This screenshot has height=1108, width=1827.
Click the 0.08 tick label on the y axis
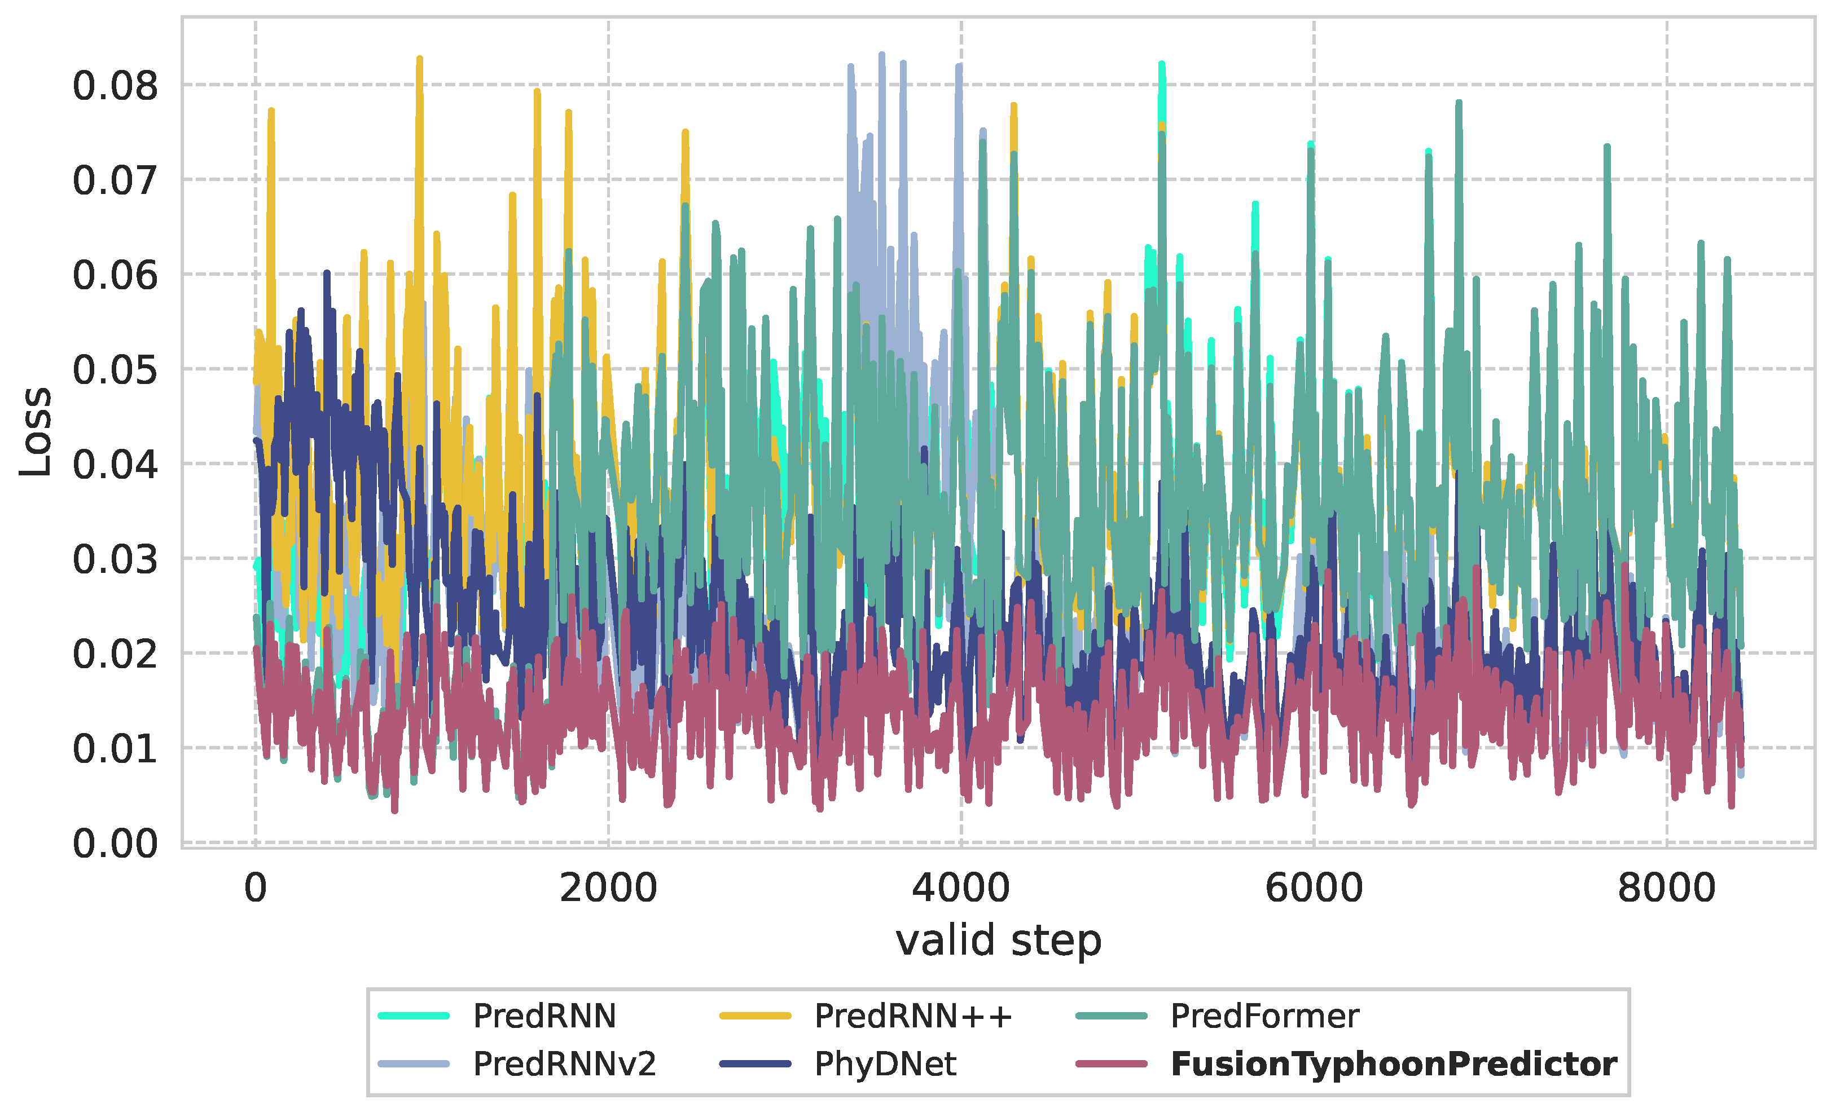(x=115, y=86)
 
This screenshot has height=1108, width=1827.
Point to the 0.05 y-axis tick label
(x=115, y=369)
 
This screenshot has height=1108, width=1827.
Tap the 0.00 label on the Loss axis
(x=115, y=844)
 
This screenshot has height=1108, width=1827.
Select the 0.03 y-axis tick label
(x=115, y=559)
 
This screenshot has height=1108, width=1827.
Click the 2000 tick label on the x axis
(x=608, y=888)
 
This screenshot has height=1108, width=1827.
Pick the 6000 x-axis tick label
(x=1314, y=888)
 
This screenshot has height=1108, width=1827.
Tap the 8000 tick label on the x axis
(x=1667, y=888)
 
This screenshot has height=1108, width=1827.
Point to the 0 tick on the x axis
(x=256, y=888)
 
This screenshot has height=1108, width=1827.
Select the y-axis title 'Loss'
(x=36, y=431)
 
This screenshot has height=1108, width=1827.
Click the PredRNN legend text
(x=544, y=1016)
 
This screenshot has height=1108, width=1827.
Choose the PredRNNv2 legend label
(x=565, y=1064)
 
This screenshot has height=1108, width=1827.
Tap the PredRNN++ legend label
(x=913, y=1016)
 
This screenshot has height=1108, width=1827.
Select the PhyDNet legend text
(x=885, y=1064)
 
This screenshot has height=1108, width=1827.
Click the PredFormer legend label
(x=1264, y=1016)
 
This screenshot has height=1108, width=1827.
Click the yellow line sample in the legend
(x=755, y=1016)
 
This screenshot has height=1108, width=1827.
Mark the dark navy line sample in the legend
(x=755, y=1064)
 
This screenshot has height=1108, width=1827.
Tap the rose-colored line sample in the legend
(x=1112, y=1064)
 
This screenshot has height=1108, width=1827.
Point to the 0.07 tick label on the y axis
(x=115, y=180)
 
